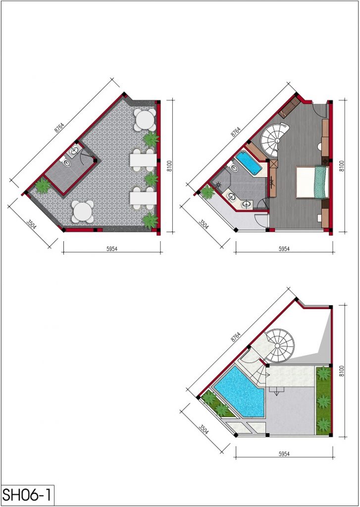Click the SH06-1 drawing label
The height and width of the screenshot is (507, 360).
coord(27,495)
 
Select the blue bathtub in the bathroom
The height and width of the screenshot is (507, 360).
coord(249,163)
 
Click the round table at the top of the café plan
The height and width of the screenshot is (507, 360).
coord(145,120)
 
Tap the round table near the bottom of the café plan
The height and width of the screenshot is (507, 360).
coord(83,212)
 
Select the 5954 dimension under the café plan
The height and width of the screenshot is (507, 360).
coord(111,249)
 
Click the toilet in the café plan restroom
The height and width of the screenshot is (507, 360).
coord(66,162)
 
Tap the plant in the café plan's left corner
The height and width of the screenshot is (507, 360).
coord(43,186)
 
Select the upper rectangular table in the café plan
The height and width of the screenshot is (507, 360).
coord(143,160)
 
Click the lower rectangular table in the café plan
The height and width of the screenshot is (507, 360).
coord(143,199)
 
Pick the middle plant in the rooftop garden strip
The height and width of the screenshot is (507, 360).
coord(323,401)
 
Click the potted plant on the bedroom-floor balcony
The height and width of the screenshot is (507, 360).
coord(207,192)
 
